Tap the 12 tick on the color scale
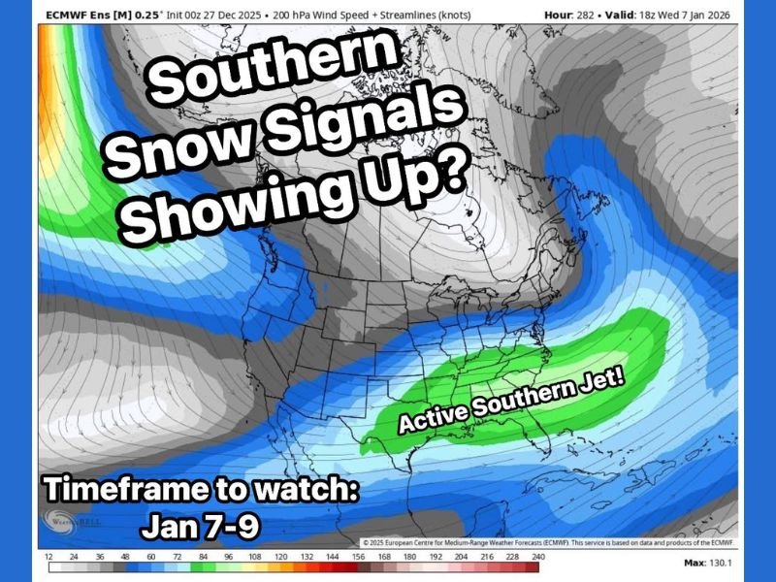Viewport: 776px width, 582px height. click(48, 556)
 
